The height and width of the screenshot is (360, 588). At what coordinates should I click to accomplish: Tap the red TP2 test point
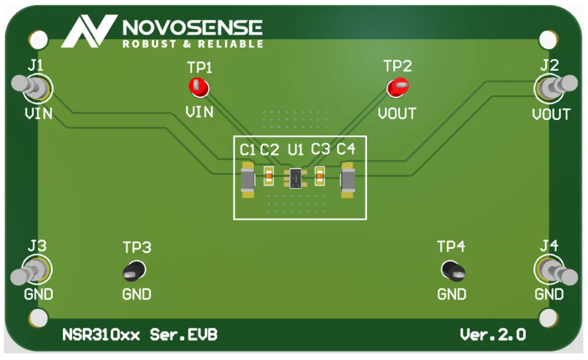pos(397,88)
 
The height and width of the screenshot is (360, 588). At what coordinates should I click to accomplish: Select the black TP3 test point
pos(134,270)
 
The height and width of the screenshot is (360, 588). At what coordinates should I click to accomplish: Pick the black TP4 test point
pos(452,270)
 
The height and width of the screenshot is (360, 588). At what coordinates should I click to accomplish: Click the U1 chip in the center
pos(296,178)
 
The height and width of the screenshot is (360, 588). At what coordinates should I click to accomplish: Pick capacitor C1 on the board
pos(248,180)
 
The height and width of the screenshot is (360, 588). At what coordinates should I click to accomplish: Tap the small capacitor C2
pos(269,177)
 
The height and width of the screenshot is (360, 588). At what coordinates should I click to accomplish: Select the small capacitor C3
pos(320,177)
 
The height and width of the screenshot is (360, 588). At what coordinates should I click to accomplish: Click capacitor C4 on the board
pos(347,180)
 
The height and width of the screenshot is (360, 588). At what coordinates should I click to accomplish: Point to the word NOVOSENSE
pos(193,27)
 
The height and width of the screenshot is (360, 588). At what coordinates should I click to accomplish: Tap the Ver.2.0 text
pos(493,335)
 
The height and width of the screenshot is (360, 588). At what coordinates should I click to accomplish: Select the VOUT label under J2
pos(551,114)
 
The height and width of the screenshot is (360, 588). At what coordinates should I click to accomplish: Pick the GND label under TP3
pos(136,294)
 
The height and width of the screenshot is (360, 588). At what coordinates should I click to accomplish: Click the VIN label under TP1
pos(200,112)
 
